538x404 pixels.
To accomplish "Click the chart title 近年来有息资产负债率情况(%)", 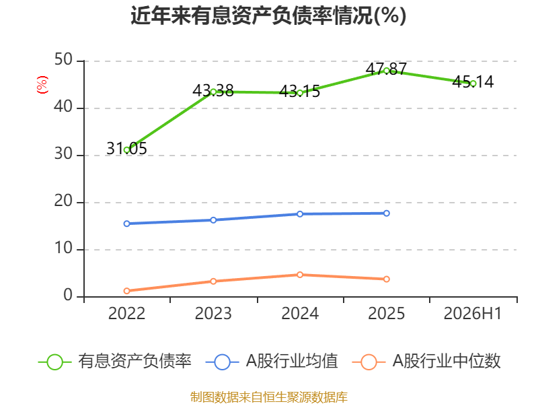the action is point(268,15).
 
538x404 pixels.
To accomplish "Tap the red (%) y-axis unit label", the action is point(42,85).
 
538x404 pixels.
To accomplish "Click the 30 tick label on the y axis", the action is point(63,154).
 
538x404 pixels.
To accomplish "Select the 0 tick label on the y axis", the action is point(68,295).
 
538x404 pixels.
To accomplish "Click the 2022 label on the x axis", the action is point(126,313).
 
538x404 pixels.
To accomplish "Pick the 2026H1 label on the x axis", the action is point(473,313).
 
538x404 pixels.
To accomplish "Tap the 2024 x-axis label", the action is point(300,313).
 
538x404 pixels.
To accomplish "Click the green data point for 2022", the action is point(126,150).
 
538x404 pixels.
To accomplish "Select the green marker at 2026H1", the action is point(473,83).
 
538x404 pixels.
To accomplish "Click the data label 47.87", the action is point(386,69).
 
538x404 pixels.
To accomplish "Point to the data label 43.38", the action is point(213,91).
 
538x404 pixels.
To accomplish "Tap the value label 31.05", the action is point(126,148).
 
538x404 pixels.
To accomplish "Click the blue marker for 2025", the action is point(386,213).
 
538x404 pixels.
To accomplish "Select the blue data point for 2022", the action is point(126,224).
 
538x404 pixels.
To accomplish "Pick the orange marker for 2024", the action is point(300,275).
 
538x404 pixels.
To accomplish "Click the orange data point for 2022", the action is point(126,291).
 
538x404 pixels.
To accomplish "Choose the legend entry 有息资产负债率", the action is point(114,362).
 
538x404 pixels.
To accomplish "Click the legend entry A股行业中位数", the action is point(426,362).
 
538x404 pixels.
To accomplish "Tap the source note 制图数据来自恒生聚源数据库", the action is point(269,397).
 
